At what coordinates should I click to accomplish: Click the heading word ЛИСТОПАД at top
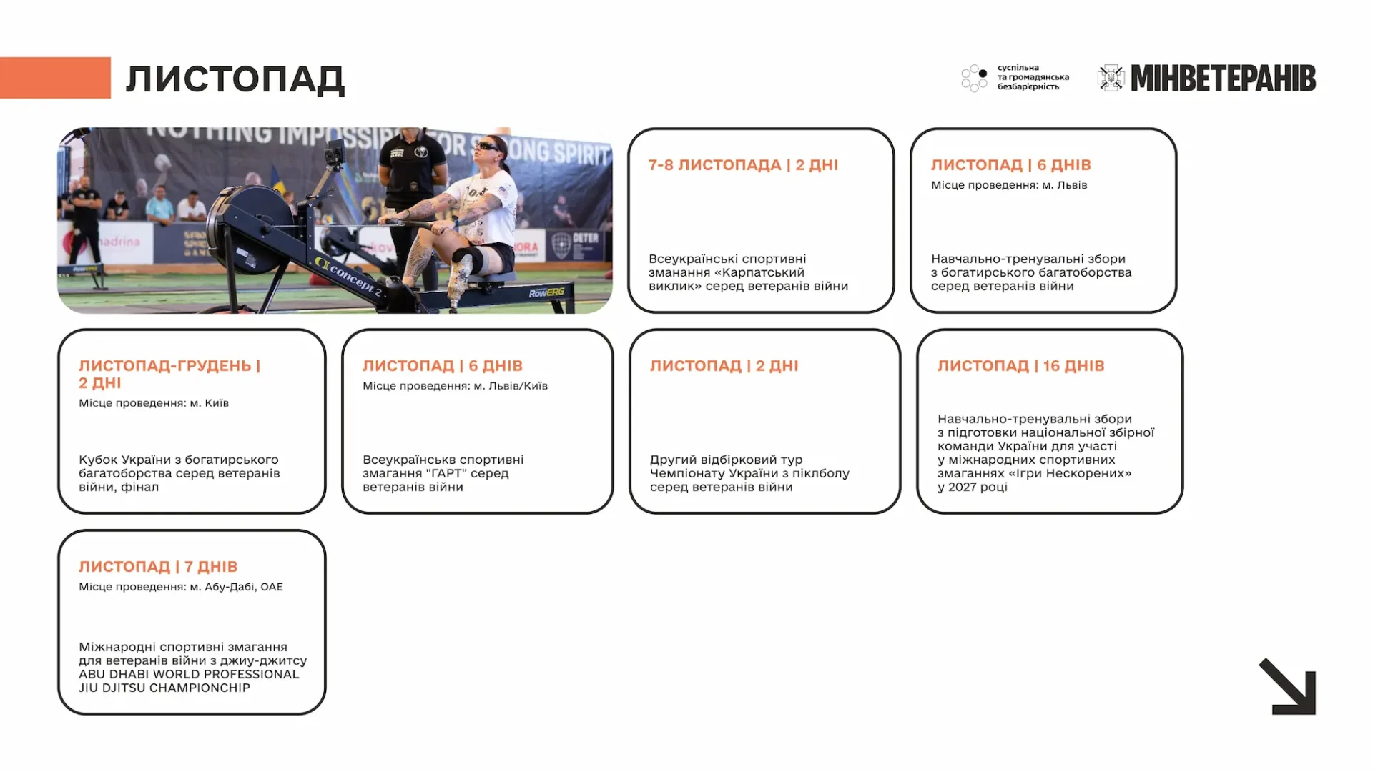point(235,79)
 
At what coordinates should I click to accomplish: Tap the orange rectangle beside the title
point(55,77)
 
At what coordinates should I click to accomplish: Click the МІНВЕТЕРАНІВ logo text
point(1223,79)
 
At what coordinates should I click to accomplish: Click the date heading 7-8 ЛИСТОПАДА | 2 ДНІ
point(743,165)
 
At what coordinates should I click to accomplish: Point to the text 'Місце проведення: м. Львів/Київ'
point(455,386)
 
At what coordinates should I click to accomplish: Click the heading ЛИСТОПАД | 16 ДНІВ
point(1020,366)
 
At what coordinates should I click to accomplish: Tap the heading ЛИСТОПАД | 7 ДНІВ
point(158,567)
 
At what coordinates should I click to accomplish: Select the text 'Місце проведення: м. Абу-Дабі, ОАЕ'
point(181,587)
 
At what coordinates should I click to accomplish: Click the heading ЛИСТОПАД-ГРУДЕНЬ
point(165,366)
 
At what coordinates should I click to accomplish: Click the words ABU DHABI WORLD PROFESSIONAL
point(189,674)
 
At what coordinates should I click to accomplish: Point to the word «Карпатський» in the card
point(759,272)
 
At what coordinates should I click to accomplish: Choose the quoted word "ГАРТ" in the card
point(446,473)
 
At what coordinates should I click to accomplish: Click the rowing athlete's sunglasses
point(489,147)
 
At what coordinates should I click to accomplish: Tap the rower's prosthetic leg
point(458,282)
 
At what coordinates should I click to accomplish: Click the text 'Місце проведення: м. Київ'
point(154,403)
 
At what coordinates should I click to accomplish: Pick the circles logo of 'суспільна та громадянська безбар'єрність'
point(974,78)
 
